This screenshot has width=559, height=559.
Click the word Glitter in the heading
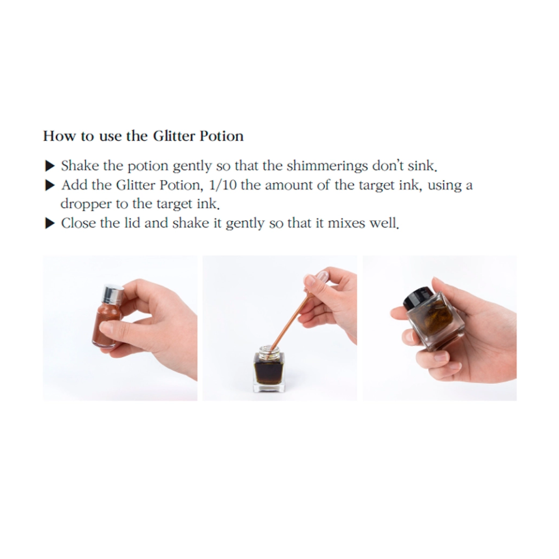pos(174,136)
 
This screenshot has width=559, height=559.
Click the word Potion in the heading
pos(221,136)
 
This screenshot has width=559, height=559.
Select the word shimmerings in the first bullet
pos(327,166)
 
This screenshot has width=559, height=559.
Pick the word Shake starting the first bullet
pos(80,166)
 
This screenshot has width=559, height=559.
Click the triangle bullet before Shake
pos(50,166)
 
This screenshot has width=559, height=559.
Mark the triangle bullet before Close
pos(50,224)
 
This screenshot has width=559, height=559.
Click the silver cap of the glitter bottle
pos(113,293)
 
